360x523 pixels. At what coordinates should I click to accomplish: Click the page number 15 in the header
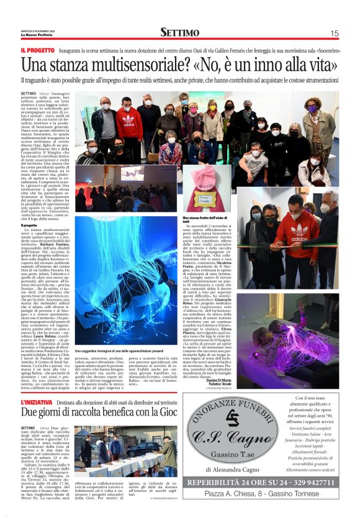coord(335,34)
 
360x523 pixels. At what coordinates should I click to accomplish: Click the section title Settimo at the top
coord(179,32)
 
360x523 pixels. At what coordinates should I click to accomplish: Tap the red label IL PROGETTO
coord(38,50)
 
